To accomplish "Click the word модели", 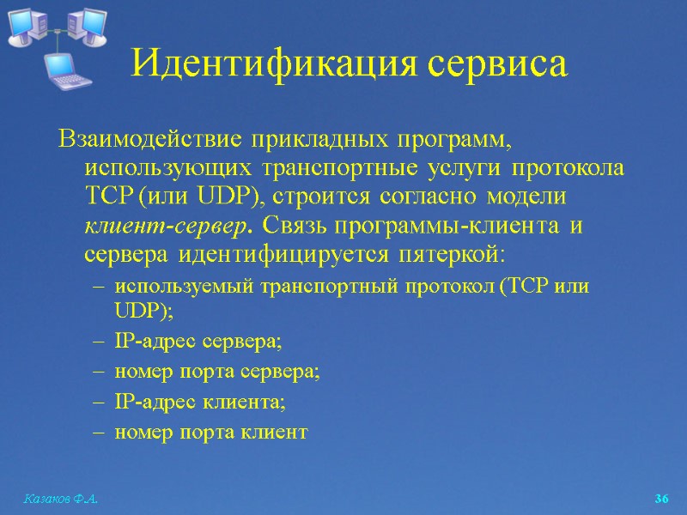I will (526, 197).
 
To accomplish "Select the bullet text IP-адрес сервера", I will (198, 342).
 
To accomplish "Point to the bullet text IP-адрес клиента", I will (199, 402).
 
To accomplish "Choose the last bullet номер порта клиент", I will (210, 432).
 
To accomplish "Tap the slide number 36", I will (661, 499).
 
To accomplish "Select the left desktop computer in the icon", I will (26, 26).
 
